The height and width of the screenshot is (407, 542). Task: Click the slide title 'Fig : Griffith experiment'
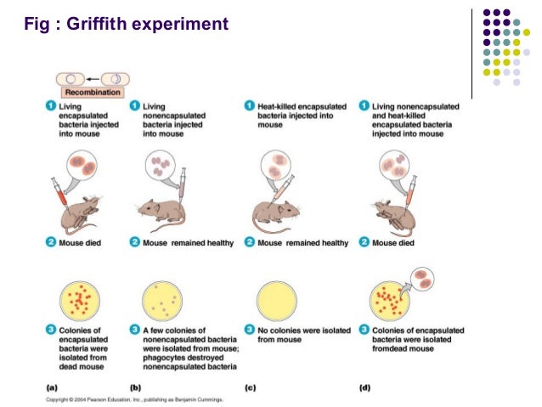click(127, 24)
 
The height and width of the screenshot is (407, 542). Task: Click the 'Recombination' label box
click(88, 91)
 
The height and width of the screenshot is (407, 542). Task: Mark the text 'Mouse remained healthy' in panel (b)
click(187, 243)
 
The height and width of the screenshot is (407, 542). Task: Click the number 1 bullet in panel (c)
click(249, 105)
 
